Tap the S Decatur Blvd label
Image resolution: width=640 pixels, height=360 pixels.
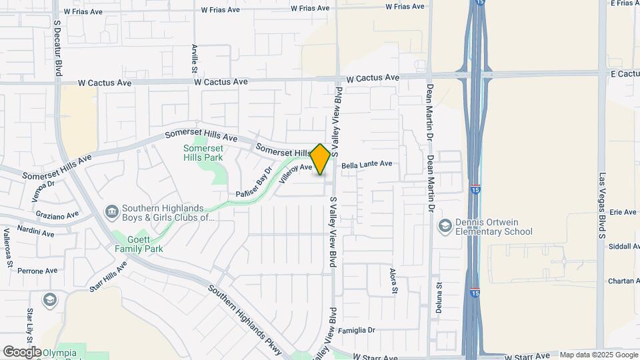[x=58, y=47]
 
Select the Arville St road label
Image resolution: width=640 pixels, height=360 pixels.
[x=195, y=59]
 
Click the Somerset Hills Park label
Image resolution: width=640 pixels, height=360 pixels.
[x=203, y=153]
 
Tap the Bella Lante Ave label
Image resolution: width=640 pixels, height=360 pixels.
[x=367, y=164]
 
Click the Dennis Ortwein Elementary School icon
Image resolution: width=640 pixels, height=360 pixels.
[x=444, y=227]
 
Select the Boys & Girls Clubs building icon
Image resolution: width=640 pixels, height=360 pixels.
[x=111, y=212]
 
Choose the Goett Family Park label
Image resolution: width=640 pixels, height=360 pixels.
[x=139, y=243]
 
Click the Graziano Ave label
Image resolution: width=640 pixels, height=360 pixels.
[x=58, y=215]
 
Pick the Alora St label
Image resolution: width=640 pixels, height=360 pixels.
[x=393, y=281]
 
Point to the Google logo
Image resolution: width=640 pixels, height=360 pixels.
[x=22, y=351]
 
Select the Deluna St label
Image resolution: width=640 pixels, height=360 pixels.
[x=439, y=297]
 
